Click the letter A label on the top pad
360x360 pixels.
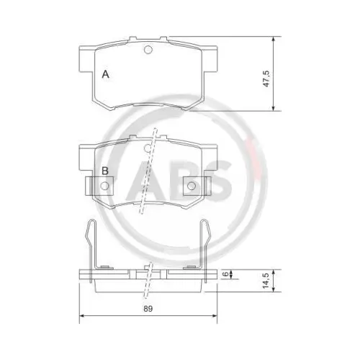tap(105, 74)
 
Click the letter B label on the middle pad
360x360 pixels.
tap(105, 171)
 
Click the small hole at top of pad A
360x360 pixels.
tap(148, 50)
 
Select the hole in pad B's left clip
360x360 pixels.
tap(105, 186)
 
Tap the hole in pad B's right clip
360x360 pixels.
tap(192, 186)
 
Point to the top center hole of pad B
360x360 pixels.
tap(148, 148)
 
